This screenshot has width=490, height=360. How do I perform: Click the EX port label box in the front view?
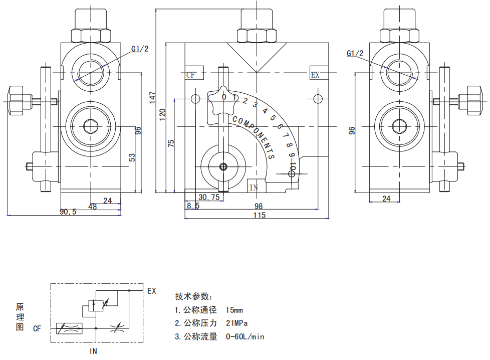tap(315, 75)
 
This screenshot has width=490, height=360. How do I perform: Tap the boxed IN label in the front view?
tap(254, 187)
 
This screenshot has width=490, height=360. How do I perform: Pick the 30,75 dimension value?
tap(209, 197)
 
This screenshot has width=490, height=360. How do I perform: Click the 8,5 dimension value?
tap(192, 206)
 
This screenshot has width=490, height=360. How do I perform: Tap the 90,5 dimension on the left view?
tap(68, 212)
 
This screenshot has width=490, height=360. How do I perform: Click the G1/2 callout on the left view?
tap(140, 49)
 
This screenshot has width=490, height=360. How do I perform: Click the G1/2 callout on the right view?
tap(354, 54)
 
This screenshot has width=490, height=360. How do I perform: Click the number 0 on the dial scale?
tap(224, 97)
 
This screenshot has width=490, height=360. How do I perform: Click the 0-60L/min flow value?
tap(244, 336)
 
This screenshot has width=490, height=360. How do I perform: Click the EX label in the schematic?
tap(151, 290)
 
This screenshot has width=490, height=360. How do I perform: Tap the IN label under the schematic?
tap(93, 351)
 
